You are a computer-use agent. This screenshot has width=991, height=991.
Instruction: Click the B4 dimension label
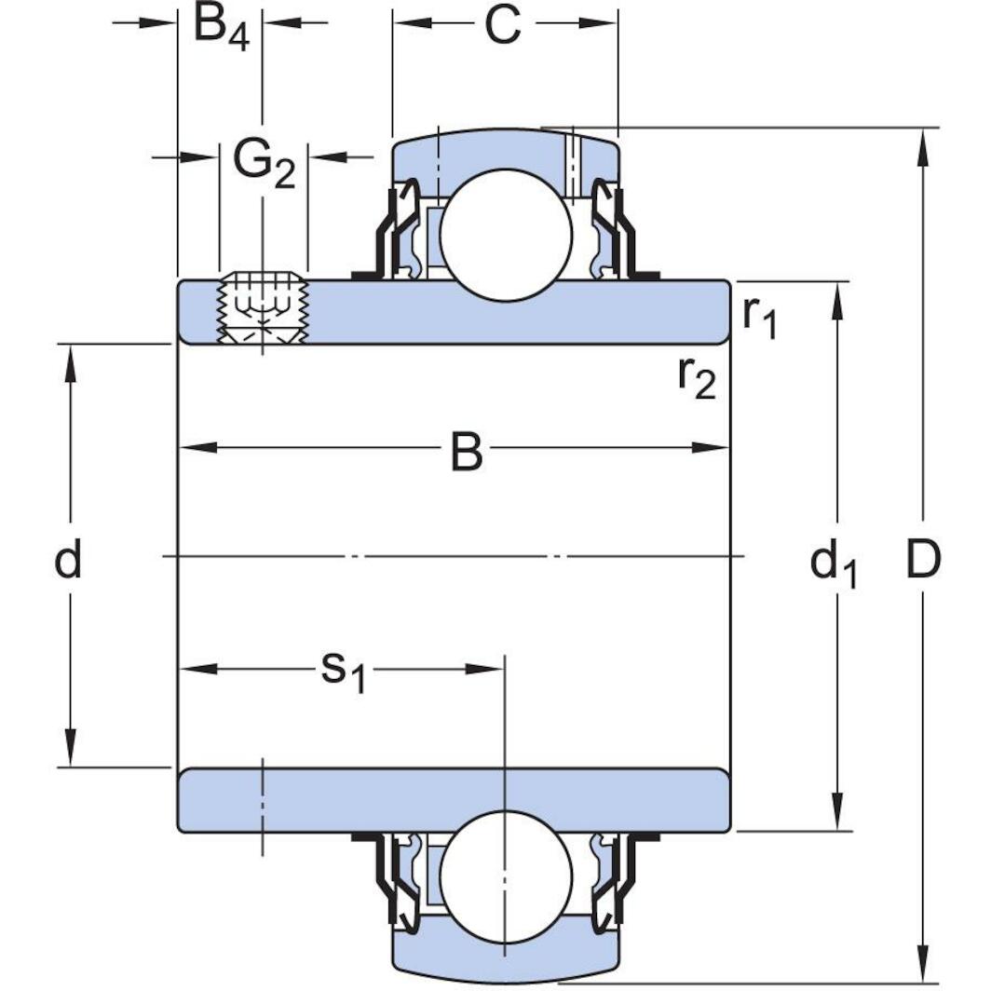point(221,27)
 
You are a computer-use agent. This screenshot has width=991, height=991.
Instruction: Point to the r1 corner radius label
point(759,319)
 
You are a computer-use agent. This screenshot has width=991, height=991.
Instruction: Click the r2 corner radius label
point(696,377)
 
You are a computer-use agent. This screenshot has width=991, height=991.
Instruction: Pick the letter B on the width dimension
point(467,453)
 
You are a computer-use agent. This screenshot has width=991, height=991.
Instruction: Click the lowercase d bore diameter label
point(68,561)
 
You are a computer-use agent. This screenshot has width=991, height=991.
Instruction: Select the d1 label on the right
point(833,563)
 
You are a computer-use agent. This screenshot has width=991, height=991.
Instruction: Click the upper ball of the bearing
point(505,235)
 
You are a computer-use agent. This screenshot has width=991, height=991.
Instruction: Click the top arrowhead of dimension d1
point(839,301)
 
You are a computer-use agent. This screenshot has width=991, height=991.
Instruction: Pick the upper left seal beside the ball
point(395,233)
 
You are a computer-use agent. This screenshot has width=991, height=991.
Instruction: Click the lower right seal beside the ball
point(614,876)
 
